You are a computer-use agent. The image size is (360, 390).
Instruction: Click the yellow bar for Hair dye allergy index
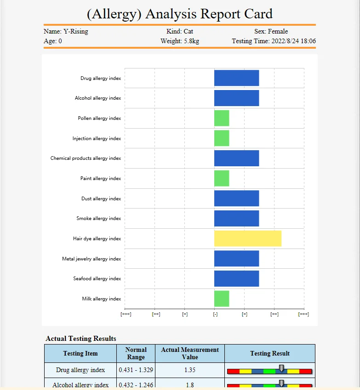tap(247, 238)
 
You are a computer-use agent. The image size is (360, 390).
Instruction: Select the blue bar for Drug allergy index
tap(236, 78)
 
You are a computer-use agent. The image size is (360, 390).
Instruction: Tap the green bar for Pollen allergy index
tap(222, 118)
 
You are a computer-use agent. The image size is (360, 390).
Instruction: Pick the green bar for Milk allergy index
tap(222, 299)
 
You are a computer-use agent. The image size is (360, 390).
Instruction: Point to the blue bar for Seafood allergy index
tap(236, 278)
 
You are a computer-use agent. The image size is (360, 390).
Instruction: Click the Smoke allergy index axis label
tap(98, 219)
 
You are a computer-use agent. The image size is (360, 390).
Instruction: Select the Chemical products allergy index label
tap(86, 158)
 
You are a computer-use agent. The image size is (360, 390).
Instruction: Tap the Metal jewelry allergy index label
tap(91, 259)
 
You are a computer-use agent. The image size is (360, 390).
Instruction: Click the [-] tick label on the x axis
tap(215, 314)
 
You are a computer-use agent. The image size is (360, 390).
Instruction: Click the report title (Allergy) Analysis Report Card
tap(180, 14)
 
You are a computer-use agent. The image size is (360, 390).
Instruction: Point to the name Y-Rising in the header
tap(75, 32)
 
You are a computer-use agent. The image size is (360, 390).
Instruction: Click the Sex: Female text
tap(271, 32)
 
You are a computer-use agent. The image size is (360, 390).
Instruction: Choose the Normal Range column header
tap(136, 353)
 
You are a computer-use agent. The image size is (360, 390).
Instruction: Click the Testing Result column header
tap(270, 353)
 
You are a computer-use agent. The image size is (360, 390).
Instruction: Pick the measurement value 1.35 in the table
tap(190, 370)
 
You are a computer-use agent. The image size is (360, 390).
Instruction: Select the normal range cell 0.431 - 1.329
tap(136, 370)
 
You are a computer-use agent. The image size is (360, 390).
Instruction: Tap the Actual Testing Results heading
tap(81, 339)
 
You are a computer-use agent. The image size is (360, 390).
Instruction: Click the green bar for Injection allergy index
tap(222, 138)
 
